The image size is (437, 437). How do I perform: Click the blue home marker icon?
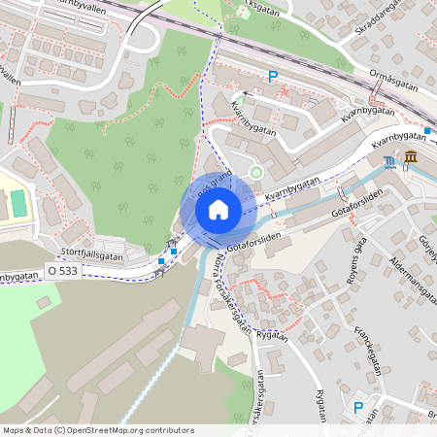(x=218, y=208)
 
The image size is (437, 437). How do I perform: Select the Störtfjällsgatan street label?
(x=90, y=255)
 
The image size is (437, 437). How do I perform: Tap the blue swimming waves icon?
(x=389, y=161)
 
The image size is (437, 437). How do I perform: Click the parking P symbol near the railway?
(x=273, y=76)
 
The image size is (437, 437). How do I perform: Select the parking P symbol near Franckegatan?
(x=358, y=409)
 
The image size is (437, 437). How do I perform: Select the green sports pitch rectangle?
(x=19, y=203)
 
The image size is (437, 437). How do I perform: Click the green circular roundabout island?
(x=256, y=173)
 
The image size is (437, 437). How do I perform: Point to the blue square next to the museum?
(x=427, y=130)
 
